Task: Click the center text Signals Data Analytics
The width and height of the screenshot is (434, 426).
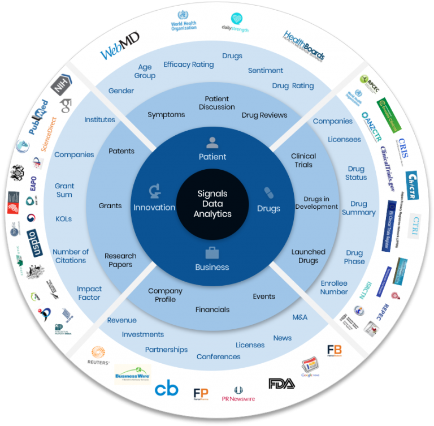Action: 212,204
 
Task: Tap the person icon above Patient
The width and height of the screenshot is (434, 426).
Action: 212,143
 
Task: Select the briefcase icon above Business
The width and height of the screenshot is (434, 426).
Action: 212,252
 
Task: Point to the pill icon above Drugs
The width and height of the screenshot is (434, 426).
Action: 268,193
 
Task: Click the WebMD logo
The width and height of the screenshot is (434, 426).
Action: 120,47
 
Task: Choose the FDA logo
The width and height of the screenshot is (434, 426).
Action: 281,384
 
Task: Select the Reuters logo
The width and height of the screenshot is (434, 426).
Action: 98,357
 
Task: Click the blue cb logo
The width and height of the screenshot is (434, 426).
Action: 166,389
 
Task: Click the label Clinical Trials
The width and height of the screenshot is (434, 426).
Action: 303,160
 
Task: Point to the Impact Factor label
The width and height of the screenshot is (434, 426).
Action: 89,293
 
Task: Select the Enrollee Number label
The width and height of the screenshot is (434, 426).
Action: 334,287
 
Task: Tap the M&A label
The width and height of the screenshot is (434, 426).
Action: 300,317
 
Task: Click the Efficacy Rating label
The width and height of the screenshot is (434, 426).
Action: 189,64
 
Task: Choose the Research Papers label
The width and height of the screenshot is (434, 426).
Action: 119,260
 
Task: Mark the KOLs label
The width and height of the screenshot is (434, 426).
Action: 64,219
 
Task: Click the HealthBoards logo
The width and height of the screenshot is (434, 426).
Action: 304,46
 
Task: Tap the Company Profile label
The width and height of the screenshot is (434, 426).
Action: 165,295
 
